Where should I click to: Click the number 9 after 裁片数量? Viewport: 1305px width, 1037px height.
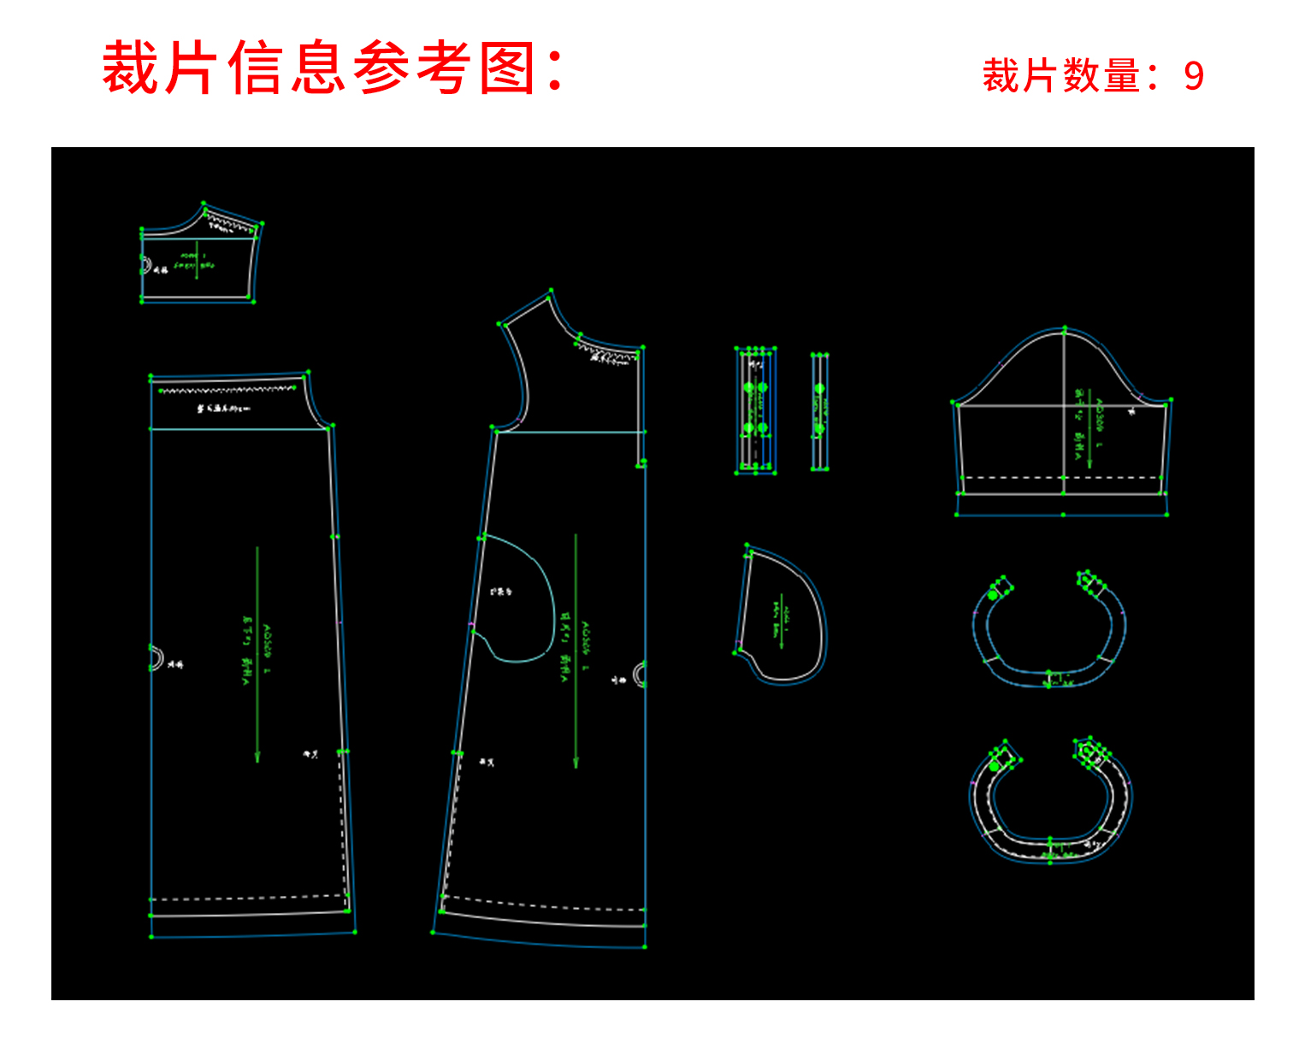pos(1194,76)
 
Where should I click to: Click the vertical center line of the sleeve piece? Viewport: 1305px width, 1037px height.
pos(1064,445)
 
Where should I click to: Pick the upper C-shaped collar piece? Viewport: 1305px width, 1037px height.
pos(1048,633)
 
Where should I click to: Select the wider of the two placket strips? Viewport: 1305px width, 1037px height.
pos(756,410)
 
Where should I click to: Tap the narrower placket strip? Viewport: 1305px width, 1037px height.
pos(819,410)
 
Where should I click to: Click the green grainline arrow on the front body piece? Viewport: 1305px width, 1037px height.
pos(576,650)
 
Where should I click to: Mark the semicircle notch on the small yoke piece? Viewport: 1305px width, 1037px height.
pos(145,265)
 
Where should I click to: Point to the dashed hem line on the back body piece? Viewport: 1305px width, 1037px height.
pos(248,898)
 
